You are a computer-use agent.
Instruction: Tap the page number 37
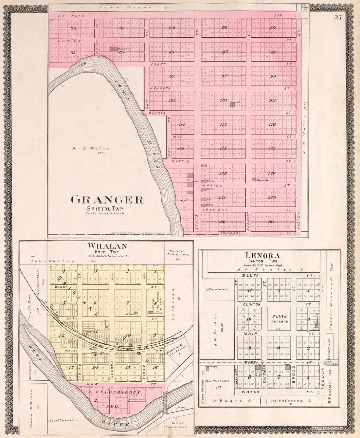pyautogui.click(x=338, y=18)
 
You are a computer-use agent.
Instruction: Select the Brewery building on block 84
pyautogui.click(x=114, y=49)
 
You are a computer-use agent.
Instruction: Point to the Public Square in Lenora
pyautogui.click(x=279, y=319)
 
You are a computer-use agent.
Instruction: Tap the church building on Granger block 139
pyautogui.click(x=254, y=179)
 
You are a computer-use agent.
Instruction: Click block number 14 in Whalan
pyautogui.click(x=95, y=367)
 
